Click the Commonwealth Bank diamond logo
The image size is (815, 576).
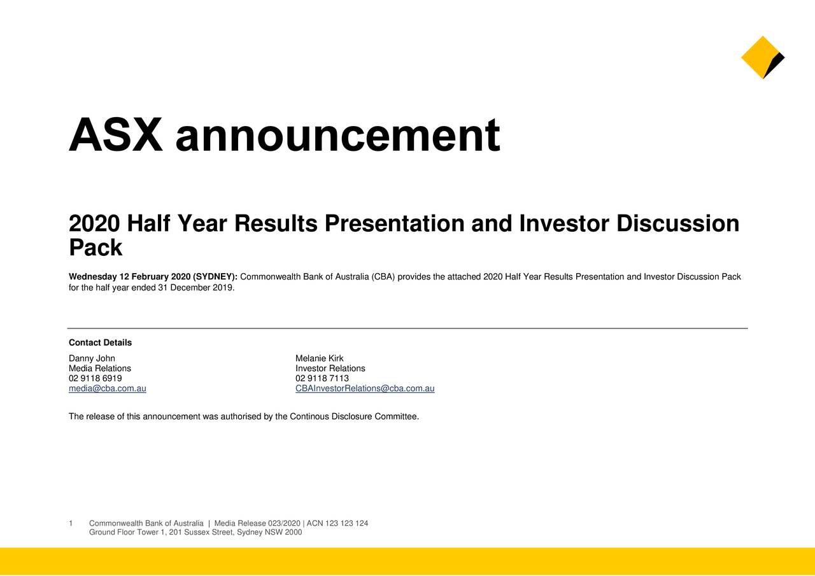[763, 57]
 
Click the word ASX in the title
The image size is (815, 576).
[116, 135]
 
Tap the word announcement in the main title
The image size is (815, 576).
[337, 135]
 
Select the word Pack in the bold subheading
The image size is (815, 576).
[96, 248]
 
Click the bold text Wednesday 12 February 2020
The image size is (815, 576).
[129, 277]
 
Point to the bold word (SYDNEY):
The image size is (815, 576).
[215, 277]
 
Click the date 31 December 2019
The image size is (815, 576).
[196, 288]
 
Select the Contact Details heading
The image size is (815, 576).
[100, 342]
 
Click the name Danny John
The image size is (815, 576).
[92, 358]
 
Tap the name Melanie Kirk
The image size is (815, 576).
[319, 358]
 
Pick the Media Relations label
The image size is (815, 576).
[100, 369]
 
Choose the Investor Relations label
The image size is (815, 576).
[330, 369]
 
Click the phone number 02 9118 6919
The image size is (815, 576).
[96, 378]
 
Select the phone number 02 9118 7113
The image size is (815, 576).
[322, 378]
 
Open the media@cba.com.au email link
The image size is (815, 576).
[108, 388]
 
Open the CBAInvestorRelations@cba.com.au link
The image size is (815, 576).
[365, 388]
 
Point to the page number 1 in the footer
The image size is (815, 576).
[71, 523]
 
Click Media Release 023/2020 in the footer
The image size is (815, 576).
[257, 523]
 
